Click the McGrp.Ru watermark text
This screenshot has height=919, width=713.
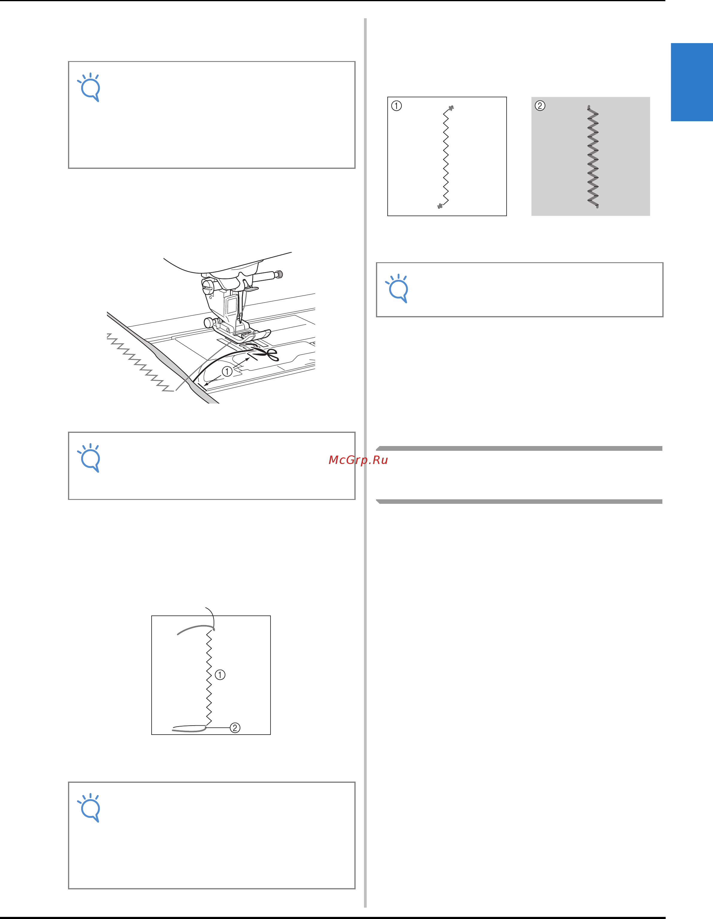358,460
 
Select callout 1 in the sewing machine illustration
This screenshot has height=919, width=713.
227,371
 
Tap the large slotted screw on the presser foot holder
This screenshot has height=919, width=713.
207,287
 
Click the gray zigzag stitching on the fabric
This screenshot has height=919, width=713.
140,363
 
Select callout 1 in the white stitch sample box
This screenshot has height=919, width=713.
396,106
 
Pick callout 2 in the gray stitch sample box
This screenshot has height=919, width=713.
540,106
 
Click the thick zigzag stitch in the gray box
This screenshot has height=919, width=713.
593,157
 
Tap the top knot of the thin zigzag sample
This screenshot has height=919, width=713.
451,108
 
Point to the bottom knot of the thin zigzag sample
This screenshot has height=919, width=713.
440,206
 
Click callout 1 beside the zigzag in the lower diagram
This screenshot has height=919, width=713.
220,674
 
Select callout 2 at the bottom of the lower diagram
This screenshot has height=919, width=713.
235,727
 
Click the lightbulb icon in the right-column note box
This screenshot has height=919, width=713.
397,288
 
